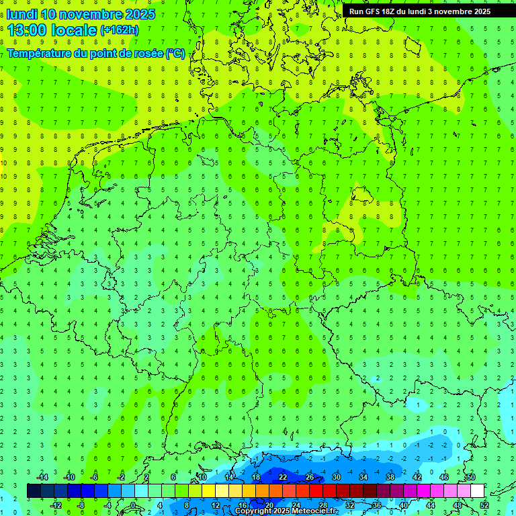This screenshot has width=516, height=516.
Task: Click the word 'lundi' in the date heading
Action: tap(21, 14)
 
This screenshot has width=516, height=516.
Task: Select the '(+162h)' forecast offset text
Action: tap(119, 30)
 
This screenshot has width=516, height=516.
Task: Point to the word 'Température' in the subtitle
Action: tap(41, 54)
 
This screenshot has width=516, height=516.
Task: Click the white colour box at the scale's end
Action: tap(478, 491)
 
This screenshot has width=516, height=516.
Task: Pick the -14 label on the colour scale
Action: tap(42, 477)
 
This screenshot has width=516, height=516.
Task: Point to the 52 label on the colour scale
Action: tap(484, 505)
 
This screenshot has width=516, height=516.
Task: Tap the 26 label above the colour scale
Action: tap(310, 477)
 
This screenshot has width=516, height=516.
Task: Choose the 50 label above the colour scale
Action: tap(470, 477)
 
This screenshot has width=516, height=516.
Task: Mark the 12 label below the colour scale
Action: tap(216, 505)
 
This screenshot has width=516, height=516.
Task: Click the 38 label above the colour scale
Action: tap(390, 477)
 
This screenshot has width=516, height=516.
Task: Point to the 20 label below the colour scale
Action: tap(269, 505)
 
